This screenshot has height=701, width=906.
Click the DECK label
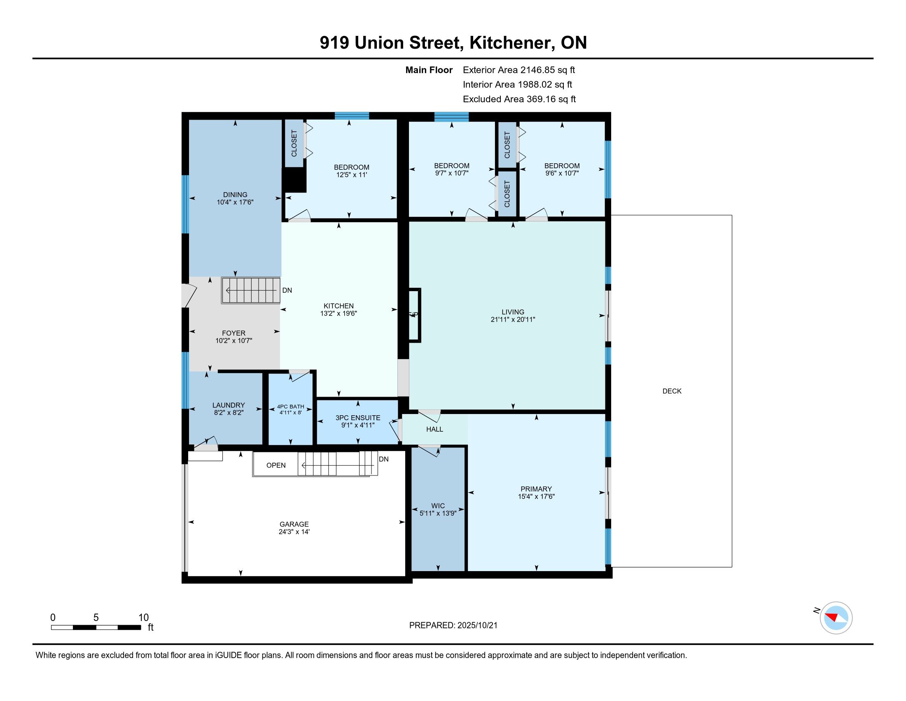672,391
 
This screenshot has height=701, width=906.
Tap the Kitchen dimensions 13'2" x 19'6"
339,313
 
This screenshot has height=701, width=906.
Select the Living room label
513,312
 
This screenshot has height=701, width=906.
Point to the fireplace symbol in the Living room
414,315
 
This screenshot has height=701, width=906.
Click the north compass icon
836,618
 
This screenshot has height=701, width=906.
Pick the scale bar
96,627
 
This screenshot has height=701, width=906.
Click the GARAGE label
294,524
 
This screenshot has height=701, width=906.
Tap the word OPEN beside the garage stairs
276,465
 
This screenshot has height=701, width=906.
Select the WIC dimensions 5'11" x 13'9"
438,513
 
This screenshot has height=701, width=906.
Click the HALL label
435,429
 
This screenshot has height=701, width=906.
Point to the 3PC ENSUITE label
357,418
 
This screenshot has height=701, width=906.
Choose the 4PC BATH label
290,407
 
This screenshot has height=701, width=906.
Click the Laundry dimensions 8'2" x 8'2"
229,412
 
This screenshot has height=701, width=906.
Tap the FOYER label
234,333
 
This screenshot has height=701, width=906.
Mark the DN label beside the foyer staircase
287,290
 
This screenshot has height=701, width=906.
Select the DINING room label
235,194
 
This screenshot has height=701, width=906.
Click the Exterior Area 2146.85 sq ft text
519,70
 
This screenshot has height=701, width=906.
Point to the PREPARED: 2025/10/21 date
453,625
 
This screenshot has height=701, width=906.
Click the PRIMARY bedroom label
536,489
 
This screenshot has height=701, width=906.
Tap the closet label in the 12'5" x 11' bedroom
294,143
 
